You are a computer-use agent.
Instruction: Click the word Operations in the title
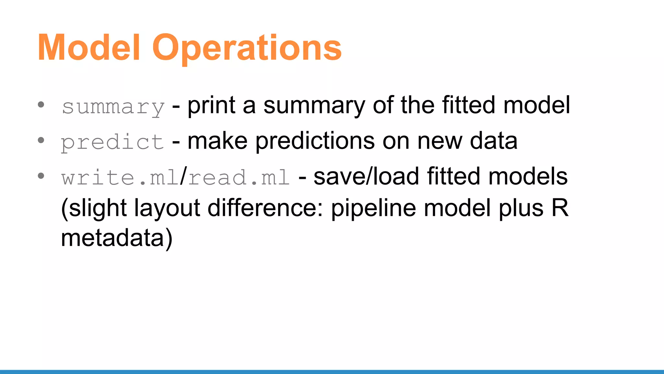247,48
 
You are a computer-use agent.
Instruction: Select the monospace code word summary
113,106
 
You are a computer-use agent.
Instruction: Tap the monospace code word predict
113,142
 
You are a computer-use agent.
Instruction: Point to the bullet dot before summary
41,105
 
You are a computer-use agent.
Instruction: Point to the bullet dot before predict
41,140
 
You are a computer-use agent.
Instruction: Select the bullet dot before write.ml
41,176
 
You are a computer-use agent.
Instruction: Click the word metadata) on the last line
117,238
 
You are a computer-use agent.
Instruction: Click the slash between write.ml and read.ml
184,177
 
